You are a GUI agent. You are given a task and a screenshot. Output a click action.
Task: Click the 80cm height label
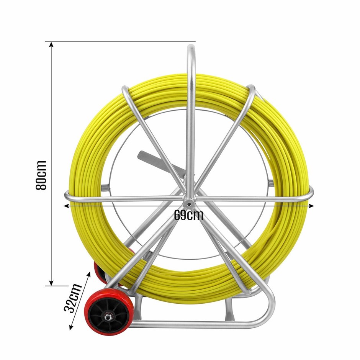coord(41,175)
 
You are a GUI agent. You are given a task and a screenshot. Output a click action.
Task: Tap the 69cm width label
coord(188,215)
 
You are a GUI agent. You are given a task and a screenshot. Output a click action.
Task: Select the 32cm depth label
coord(73,298)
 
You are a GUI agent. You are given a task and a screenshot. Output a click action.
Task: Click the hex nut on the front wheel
coord(107,317)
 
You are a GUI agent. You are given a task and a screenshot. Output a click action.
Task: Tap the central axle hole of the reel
coord(188,204)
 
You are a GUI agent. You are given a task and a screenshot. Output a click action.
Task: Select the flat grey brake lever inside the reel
coord(161,162)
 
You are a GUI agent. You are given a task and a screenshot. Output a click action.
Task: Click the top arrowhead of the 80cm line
coord(52,44)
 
